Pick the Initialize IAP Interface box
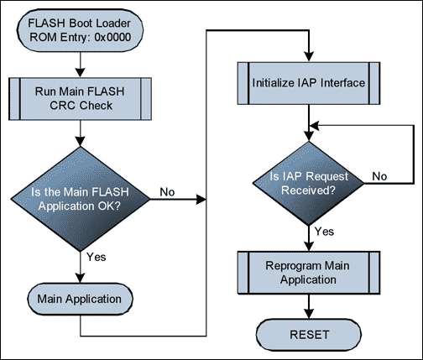click(309, 83)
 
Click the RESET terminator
click(309, 334)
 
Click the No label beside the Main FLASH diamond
click(168, 192)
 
